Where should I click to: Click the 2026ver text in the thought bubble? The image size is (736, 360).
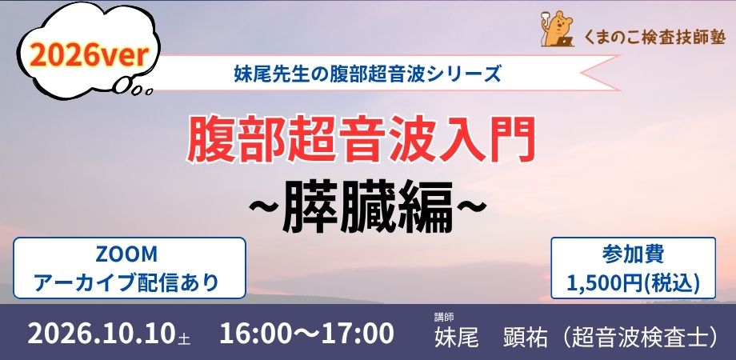pyautogui.click(x=89, y=56)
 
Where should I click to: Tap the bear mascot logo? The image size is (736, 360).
pyautogui.click(x=557, y=29)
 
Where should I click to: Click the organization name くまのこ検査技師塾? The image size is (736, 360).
pyautogui.click(x=654, y=36)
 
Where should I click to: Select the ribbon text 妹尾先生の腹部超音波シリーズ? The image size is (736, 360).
pyautogui.click(x=367, y=74)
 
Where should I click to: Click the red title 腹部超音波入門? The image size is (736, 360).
pyautogui.click(x=361, y=138)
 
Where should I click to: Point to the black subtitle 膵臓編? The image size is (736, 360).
pyautogui.click(x=367, y=206)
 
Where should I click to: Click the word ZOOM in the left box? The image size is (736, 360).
pyautogui.click(x=126, y=255)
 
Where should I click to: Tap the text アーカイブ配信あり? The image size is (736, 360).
pyautogui.click(x=127, y=282)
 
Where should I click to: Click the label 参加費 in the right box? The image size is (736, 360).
pyautogui.click(x=633, y=254)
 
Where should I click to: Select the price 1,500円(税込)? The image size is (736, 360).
pyautogui.click(x=633, y=282)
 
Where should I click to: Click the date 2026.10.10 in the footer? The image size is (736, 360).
pyautogui.click(x=102, y=334)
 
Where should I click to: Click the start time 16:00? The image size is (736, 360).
pyautogui.click(x=254, y=334)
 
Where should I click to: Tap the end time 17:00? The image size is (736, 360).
pyautogui.click(x=359, y=334)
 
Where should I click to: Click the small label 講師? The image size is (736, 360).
pyautogui.click(x=444, y=317)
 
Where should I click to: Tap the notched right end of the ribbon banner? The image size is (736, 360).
pyautogui.click(x=601, y=73)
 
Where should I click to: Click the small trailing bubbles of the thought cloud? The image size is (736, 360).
pyautogui.click(x=134, y=88)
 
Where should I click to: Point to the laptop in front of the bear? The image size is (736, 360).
pyautogui.click(x=564, y=42)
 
